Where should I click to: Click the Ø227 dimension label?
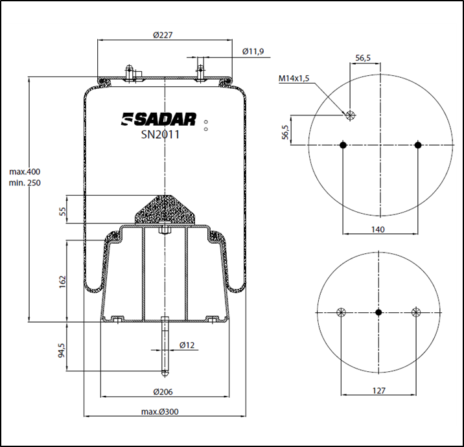pyautogui.click(x=163, y=35)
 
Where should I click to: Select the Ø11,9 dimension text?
pyautogui.click(x=253, y=51)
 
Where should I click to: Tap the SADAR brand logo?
pyautogui.click(x=158, y=119)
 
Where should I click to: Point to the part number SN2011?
pyautogui.click(x=160, y=135)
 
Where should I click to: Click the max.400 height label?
pyautogui.click(x=25, y=172)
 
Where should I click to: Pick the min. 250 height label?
pyautogui.click(x=25, y=183)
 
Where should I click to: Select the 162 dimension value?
pyautogui.click(x=62, y=282)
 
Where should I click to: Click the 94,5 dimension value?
pyautogui.click(x=62, y=350)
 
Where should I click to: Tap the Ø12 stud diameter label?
pyautogui.click(x=187, y=345)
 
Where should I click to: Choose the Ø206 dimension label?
pyautogui.click(x=163, y=392)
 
